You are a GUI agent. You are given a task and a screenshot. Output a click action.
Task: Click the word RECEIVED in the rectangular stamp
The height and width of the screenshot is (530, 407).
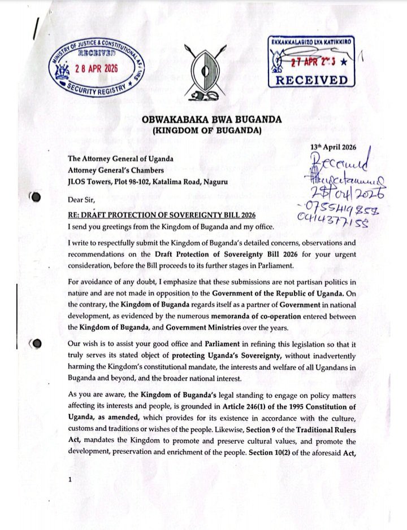(x=311, y=80)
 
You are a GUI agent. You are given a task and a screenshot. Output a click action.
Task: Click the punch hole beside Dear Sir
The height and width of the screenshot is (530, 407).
(x=36, y=198)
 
